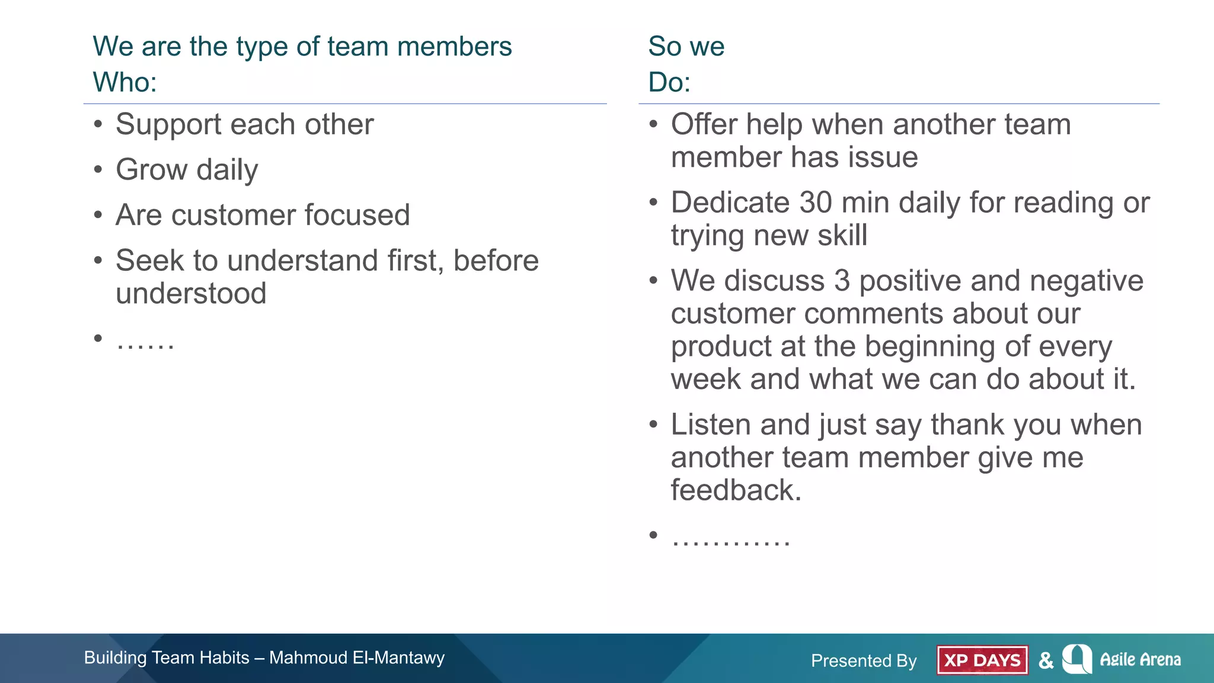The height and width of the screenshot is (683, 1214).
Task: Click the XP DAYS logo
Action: pyautogui.click(x=982, y=660)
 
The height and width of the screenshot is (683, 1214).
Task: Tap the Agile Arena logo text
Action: pyautogui.click(x=1140, y=659)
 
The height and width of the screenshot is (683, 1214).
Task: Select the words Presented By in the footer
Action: pyautogui.click(x=864, y=660)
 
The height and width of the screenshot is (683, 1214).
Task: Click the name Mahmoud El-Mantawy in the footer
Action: pyautogui.click(x=356, y=658)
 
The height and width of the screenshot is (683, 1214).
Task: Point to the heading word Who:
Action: pyautogui.click(x=124, y=82)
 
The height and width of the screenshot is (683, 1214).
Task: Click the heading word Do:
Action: pyautogui.click(x=669, y=82)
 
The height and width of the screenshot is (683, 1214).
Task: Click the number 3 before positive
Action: pyautogui.click(x=842, y=280)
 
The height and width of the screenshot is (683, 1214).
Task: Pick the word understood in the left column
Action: pyautogui.click(x=191, y=293)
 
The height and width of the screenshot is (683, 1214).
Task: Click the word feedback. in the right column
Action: pyautogui.click(x=736, y=490)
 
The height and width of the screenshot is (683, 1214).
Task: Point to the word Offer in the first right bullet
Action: pyautogui.click(x=704, y=125)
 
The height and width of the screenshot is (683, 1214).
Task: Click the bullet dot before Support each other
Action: pyautogui.click(x=98, y=125)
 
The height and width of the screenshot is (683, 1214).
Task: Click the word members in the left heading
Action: pyautogui.click(x=454, y=47)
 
